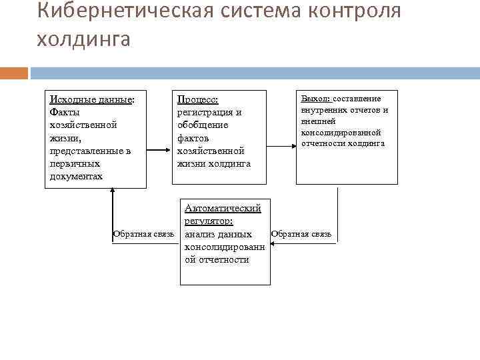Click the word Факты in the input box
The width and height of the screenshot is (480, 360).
[65, 113]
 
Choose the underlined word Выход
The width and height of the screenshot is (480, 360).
[315, 99]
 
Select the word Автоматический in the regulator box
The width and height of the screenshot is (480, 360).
[223, 209]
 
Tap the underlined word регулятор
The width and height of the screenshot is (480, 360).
[209, 221]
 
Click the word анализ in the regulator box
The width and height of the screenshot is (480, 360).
[199, 234]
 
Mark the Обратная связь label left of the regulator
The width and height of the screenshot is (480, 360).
[144, 234]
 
